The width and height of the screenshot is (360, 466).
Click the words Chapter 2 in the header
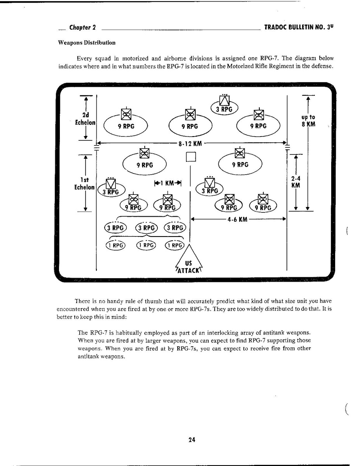[x=82, y=28]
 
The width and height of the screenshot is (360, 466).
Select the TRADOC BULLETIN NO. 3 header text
[x=299, y=28]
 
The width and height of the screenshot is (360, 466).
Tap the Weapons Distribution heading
[x=87, y=43]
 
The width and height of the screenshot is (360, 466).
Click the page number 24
[x=191, y=440]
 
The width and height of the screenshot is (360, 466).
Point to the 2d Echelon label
[x=86, y=118]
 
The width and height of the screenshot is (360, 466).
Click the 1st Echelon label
[x=85, y=184]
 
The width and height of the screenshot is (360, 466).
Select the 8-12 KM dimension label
[x=190, y=144]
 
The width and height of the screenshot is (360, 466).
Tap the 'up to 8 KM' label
[x=308, y=121]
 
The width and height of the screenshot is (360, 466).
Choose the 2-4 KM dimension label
[x=296, y=182]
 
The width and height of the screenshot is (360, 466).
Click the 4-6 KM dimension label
[x=238, y=219]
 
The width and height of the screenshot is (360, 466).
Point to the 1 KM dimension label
[x=168, y=183]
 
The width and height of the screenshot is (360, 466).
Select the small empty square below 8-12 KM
[x=190, y=157]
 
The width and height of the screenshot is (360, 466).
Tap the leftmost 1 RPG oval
[x=116, y=245]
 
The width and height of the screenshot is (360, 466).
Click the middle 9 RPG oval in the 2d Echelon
[x=190, y=125]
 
